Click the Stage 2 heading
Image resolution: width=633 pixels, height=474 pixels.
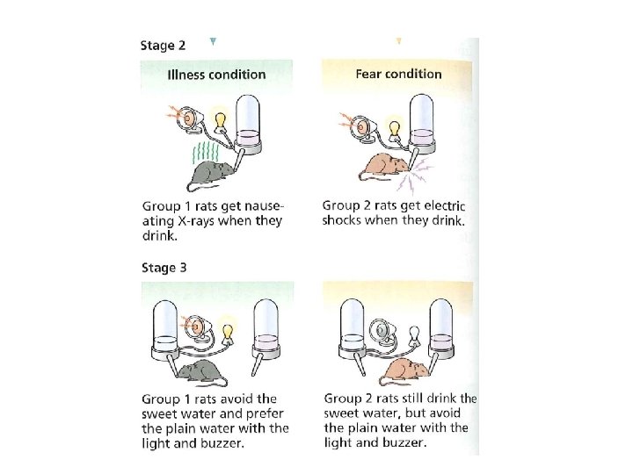coord(163,45)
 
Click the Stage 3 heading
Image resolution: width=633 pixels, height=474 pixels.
coord(164,268)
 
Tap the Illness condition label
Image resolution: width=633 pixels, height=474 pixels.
coord(216,75)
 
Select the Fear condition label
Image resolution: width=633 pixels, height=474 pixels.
coord(398,74)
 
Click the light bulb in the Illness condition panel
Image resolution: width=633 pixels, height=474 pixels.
coord(220,121)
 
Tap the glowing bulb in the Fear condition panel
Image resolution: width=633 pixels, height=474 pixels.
coord(395,128)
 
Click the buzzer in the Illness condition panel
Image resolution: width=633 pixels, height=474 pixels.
coord(189,118)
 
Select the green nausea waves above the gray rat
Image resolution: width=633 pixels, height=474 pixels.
coord(206,153)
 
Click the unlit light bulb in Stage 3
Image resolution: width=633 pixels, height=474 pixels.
coord(413,335)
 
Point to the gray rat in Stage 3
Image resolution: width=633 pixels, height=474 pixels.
coord(202,373)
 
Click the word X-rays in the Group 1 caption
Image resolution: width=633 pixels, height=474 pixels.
coord(196,221)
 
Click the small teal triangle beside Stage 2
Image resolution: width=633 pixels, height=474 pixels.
coord(213,41)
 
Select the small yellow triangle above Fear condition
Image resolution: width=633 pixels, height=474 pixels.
coord(399,40)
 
